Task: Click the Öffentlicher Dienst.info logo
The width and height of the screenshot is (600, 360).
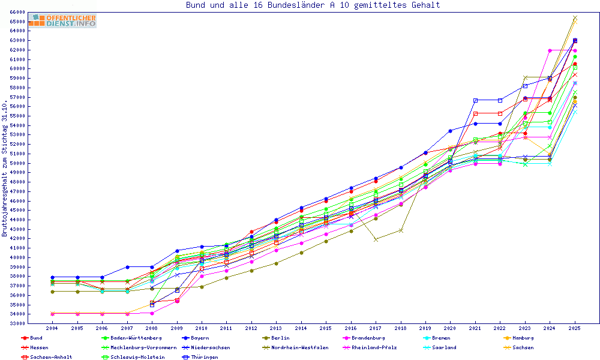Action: tap(62, 20)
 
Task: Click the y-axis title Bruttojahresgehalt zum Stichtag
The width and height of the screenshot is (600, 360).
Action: tap(5, 168)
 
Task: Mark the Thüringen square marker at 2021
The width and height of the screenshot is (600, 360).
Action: tap(475, 100)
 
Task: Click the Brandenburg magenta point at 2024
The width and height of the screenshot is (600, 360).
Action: tap(550, 50)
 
